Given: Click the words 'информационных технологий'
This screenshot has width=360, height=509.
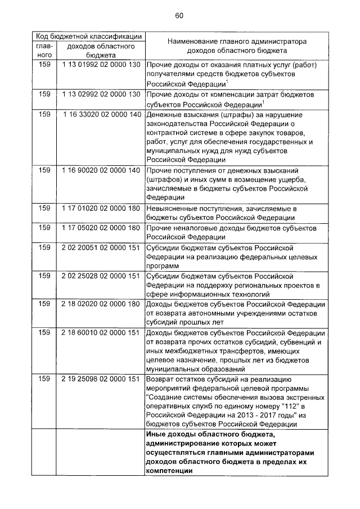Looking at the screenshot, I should click(220, 294).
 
